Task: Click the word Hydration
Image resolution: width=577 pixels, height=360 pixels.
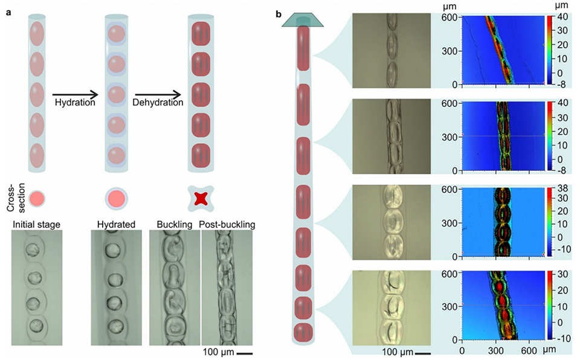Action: (74, 103)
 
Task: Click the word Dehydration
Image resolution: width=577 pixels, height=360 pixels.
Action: (158, 103)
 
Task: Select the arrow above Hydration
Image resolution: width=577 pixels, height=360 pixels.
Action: (75, 94)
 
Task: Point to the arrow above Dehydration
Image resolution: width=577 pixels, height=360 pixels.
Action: (158, 94)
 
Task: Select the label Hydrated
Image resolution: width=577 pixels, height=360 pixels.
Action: (115, 225)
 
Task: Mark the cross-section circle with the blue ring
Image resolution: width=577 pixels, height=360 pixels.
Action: (115, 197)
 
